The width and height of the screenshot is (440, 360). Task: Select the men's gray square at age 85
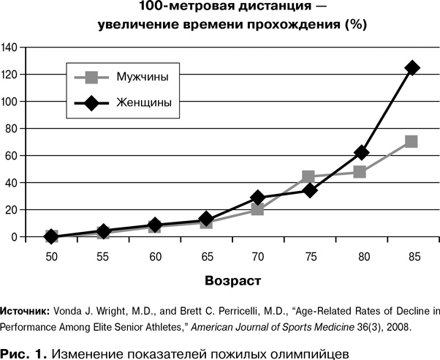pos(411,141)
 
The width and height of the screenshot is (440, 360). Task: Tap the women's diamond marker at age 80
pos(360,152)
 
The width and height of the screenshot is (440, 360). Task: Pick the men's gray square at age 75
pos(308,176)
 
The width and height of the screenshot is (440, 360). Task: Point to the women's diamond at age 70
pos(257,198)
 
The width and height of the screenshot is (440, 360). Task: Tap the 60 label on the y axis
pos(12,155)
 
